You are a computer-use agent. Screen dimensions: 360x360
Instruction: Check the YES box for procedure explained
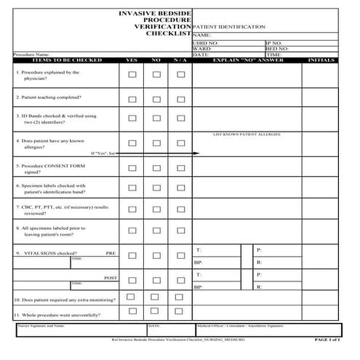click(132, 74)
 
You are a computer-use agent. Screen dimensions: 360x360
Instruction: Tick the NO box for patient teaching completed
click(156, 99)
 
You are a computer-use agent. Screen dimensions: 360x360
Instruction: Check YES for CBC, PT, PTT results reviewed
click(132, 210)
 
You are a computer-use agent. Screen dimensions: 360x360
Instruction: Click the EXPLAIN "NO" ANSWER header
click(247, 60)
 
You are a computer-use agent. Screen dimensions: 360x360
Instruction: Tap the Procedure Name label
click(32, 55)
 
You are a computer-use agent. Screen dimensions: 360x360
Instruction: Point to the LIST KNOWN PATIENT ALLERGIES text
click(247, 135)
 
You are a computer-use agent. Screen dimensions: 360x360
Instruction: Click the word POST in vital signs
click(110, 278)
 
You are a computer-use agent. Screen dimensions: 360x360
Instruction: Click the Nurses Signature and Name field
click(80, 331)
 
